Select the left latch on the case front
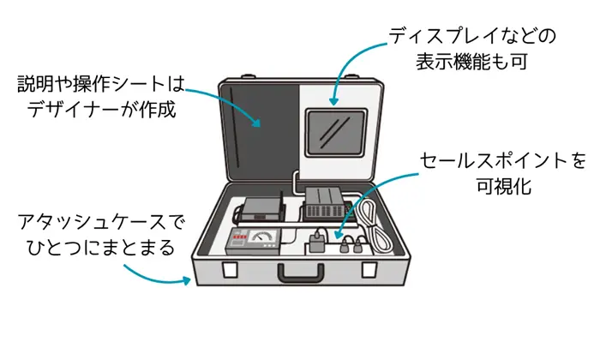(231, 271)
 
